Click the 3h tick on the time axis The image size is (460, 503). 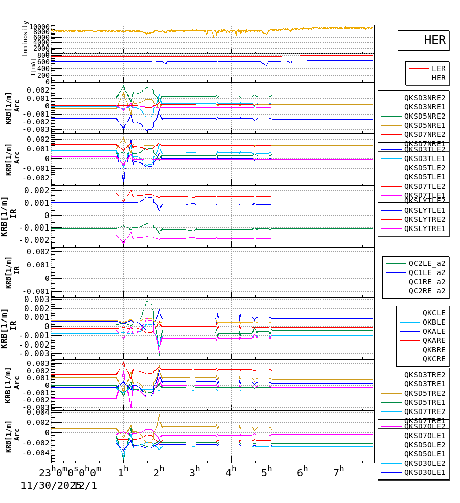pyautogui.click(x=195, y=471)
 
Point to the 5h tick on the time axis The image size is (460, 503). pyautogui.click(x=267, y=471)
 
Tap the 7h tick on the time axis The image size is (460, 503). pyautogui.click(x=339, y=471)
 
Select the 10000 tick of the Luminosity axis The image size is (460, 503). pyautogui.click(x=39, y=27)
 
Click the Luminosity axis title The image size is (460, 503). pyautogui.click(x=25, y=38)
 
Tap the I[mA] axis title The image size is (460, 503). pyautogui.click(x=33, y=67)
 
